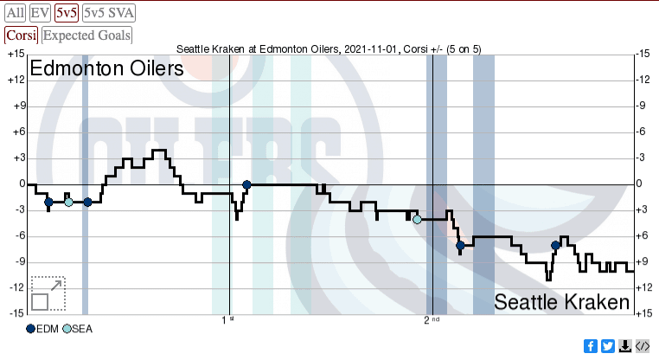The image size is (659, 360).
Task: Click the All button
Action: click(16, 13)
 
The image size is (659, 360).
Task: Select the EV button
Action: click(40, 13)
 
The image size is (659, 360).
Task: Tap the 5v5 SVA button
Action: click(108, 13)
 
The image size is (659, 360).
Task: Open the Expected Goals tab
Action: click(87, 35)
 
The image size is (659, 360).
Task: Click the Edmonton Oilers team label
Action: click(106, 68)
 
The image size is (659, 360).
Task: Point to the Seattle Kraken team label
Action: click(562, 302)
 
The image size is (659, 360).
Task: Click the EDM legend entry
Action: click(42, 329)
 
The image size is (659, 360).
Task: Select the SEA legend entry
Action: click(78, 329)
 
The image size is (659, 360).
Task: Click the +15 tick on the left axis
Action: click(15, 54)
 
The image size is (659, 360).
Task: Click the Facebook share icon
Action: click(591, 346)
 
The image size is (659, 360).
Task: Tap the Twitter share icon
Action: click(608, 346)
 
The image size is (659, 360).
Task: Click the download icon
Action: click(625, 346)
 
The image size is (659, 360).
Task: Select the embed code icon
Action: click(643, 346)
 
